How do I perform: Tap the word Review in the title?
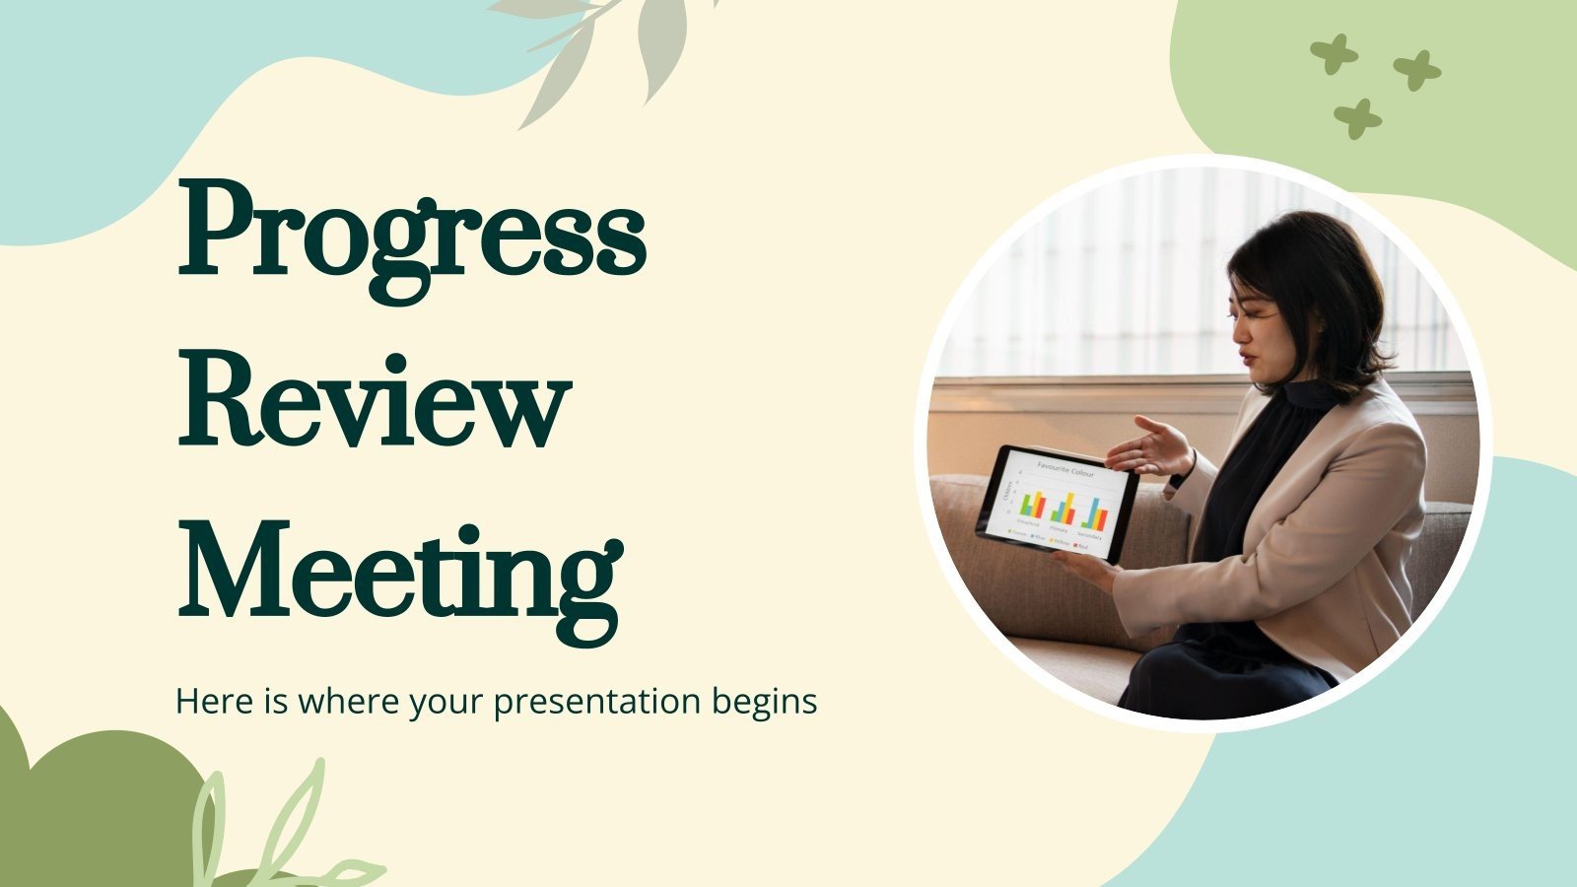tap(375, 399)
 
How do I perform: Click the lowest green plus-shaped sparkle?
tap(1357, 118)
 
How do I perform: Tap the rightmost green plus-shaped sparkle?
tap(1416, 70)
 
